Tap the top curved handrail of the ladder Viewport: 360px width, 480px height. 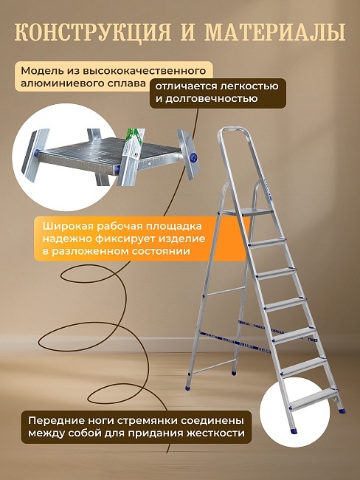[236, 134]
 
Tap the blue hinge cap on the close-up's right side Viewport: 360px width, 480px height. [194, 157]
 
